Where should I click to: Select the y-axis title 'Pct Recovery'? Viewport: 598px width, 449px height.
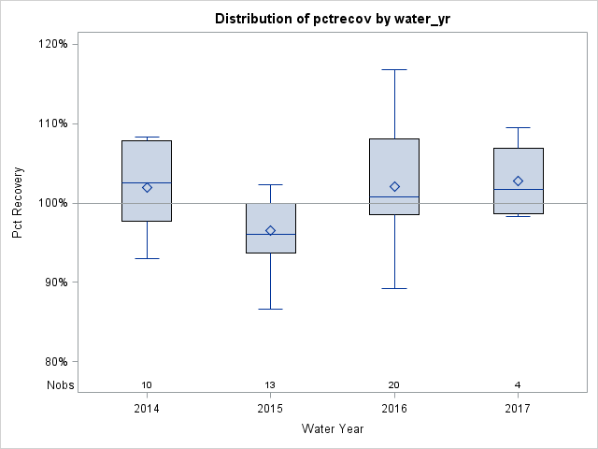[x=18, y=203]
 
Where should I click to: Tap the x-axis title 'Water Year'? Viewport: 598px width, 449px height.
[x=333, y=429]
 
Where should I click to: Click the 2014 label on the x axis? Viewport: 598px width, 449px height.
[x=147, y=409]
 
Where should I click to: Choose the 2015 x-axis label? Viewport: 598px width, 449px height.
[x=270, y=409]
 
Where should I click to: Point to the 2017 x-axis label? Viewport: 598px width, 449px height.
[x=518, y=409]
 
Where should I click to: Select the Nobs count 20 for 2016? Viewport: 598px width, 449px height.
[x=394, y=385]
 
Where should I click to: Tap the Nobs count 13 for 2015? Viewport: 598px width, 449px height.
[x=270, y=385]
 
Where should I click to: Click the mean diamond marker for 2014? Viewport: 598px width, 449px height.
[x=147, y=187]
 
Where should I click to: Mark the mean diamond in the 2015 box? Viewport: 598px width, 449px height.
[x=270, y=230]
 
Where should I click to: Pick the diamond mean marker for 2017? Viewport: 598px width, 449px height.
[x=518, y=181]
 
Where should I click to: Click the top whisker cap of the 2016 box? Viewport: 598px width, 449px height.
[x=394, y=69]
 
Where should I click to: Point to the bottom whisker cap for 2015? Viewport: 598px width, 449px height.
[x=270, y=309]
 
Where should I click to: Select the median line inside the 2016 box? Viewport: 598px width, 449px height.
[x=394, y=196]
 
